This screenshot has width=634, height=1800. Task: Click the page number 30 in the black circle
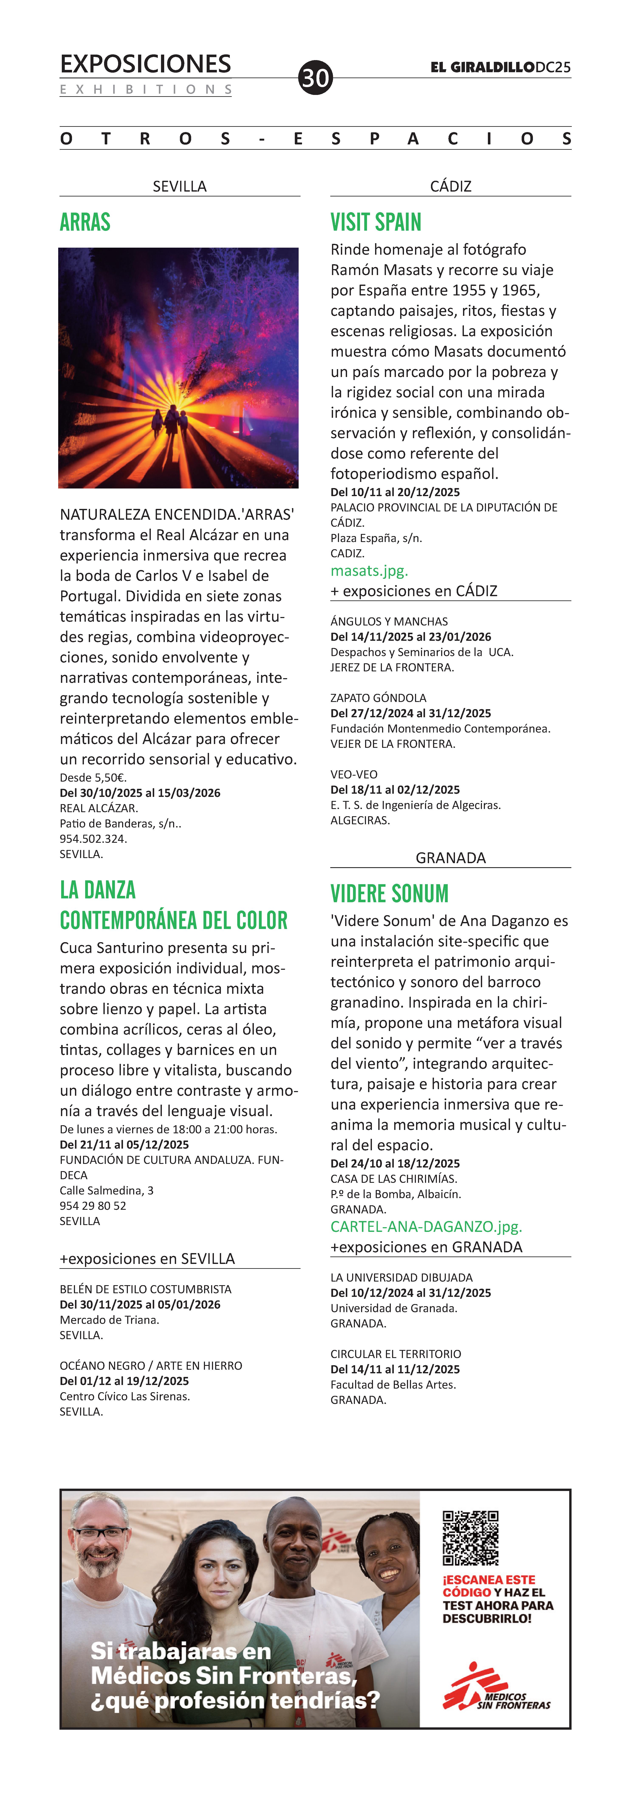[315, 78]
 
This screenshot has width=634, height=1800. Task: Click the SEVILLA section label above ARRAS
[180, 186]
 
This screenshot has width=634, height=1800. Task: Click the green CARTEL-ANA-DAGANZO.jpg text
[426, 1226]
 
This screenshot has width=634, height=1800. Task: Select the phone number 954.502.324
[93, 839]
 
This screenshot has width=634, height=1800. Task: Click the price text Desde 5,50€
[93, 777]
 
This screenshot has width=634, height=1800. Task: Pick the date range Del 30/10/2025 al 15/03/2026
[140, 792]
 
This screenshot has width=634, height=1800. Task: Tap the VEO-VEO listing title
[354, 774]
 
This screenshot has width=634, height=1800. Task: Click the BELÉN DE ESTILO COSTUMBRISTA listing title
[145, 1289]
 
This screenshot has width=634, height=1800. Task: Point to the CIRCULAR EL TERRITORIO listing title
[396, 1354]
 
